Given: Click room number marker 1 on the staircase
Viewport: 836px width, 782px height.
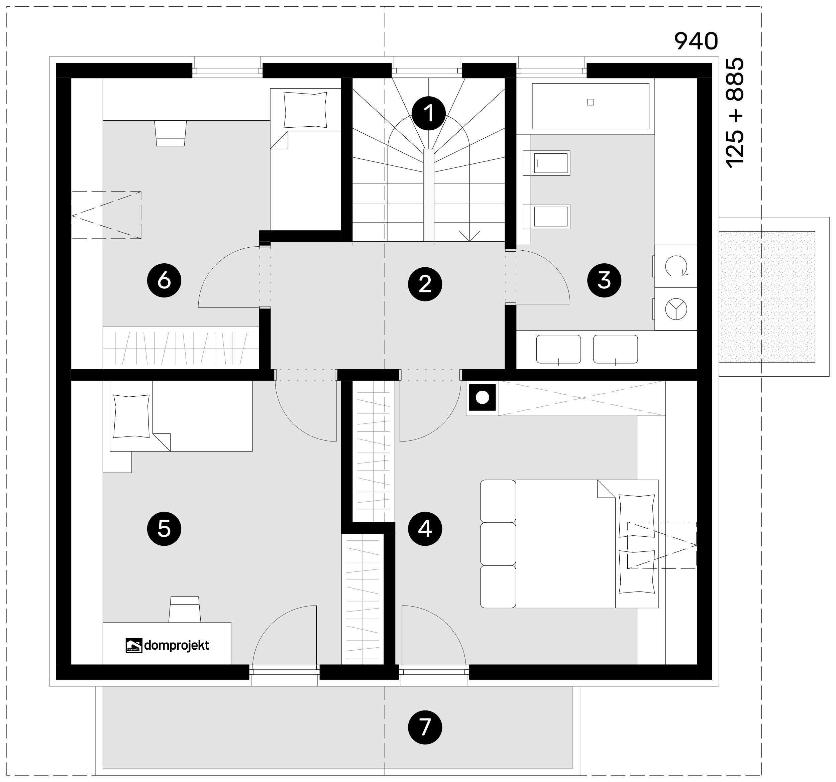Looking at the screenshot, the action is (x=428, y=113).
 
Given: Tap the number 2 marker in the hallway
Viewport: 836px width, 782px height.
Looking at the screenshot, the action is (x=425, y=284).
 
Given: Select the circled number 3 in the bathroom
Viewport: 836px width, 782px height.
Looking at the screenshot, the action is (x=604, y=280).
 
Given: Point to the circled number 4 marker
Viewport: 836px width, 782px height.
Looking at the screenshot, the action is (x=425, y=529).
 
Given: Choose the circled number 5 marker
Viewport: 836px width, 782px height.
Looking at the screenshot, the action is (x=164, y=529).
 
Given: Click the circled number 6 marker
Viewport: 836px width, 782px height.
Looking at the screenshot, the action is (x=164, y=280).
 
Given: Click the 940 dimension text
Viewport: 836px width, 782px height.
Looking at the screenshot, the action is (x=696, y=41).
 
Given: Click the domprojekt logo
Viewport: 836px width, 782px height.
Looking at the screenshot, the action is (x=168, y=645).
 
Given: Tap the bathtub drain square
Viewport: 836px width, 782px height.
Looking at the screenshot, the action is (x=591, y=102).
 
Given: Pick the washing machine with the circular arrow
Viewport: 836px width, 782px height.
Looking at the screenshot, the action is (x=676, y=266).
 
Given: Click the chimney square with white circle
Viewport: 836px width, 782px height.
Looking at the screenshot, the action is (x=482, y=397).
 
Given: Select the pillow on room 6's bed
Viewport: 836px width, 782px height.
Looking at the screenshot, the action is (x=305, y=110).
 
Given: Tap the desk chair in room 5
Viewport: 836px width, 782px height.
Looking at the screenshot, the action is (x=185, y=609).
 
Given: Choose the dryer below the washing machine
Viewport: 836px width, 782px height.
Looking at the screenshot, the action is (x=676, y=309).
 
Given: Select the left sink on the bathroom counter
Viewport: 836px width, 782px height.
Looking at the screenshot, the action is (x=558, y=349).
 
